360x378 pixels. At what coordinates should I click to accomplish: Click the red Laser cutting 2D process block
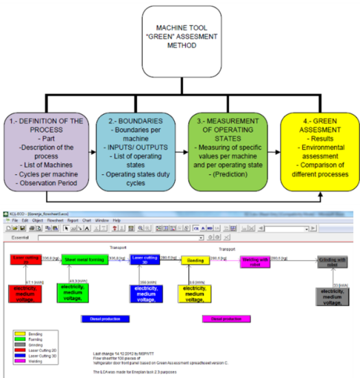(x=26, y=259)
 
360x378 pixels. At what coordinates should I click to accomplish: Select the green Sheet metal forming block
(x=85, y=259)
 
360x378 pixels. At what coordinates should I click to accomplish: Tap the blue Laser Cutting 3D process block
(x=145, y=259)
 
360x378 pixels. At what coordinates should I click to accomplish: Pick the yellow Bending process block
(x=195, y=260)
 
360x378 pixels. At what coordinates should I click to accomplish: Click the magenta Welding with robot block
(x=254, y=260)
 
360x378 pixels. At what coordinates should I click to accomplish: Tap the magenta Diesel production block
(x=226, y=318)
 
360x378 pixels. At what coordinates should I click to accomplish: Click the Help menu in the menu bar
(x=117, y=219)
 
